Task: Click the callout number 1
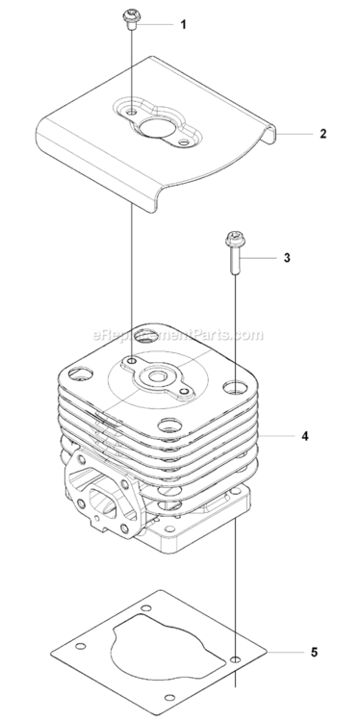(183, 24)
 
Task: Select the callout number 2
(322, 134)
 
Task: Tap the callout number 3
(287, 258)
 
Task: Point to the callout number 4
(305, 435)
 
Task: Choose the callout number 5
(314, 652)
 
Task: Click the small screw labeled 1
(131, 21)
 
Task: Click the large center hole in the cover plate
(156, 127)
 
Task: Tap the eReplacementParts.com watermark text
(178, 334)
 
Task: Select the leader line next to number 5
(286, 652)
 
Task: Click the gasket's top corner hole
(147, 607)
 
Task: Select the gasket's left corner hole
(81, 647)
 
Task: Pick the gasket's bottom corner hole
(169, 698)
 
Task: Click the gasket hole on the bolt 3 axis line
(236, 659)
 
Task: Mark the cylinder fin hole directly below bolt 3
(235, 387)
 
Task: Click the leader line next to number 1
(156, 23)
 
